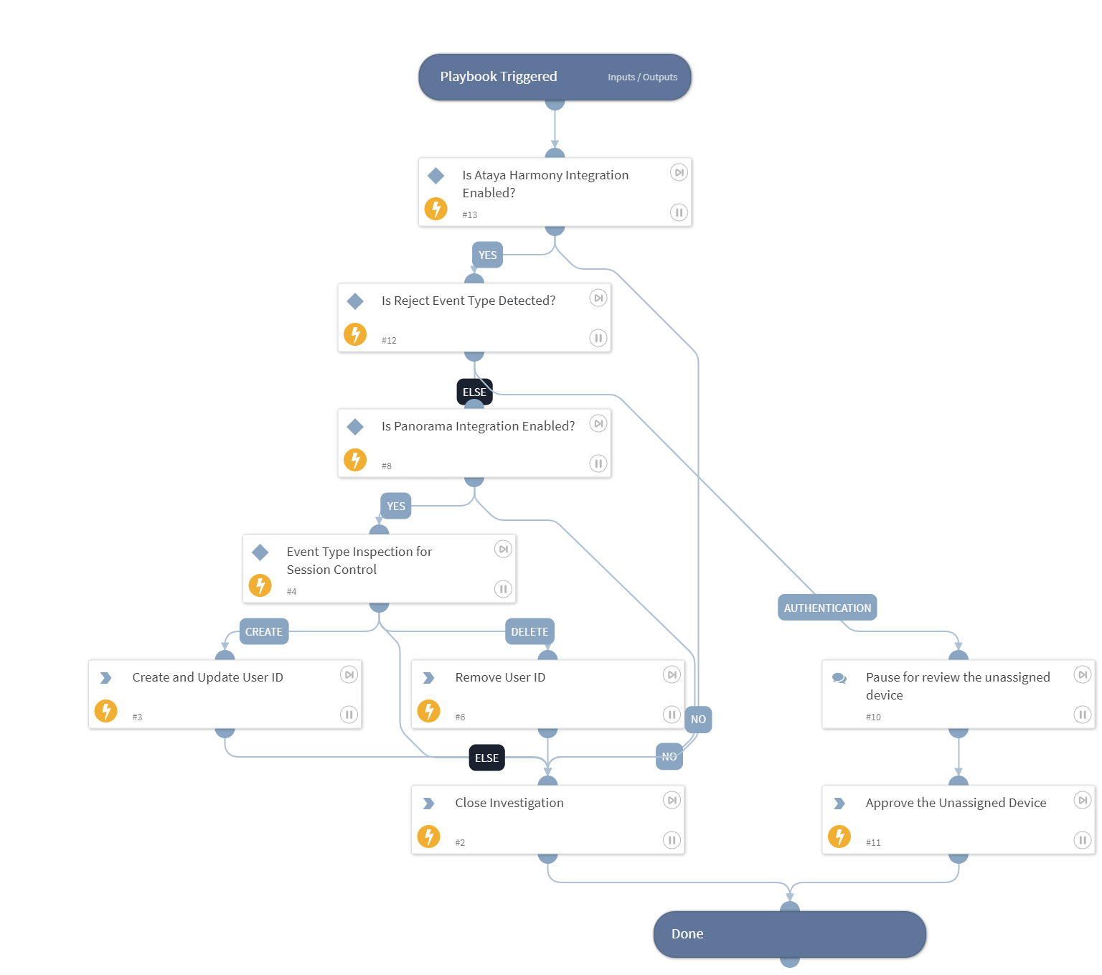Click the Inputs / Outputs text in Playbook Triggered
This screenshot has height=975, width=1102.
click(x=642, y=77)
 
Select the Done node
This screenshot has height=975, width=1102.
click(x=789, y=934)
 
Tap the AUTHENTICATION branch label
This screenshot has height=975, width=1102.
click(x=827, y=608)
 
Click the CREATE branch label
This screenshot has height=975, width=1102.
click(x=264, y=632)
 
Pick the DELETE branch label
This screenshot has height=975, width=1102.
click(x=529, y=632)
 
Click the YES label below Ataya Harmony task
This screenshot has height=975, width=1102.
click(x=487, y=255)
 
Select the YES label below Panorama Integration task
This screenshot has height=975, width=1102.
click(x=396, y=507)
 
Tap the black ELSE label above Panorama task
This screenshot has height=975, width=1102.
click(x=474, y=392)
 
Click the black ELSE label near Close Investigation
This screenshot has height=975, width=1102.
click(x=486, y=758)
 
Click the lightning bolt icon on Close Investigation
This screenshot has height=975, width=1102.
click(x=429, y=837)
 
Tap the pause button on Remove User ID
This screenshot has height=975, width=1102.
click(x=672, y=715)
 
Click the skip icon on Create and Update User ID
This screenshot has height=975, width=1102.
click(x=349, y=675)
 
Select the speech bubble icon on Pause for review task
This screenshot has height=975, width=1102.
click(x=839, y=678)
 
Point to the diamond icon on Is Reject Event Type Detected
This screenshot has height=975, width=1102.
click(x=355, y=301)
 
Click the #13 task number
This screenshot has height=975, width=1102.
click(x=470, y=215)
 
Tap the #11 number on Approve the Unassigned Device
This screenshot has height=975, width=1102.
click(x=873, y=843)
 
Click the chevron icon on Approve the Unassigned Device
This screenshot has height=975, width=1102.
click(x=839, y=804)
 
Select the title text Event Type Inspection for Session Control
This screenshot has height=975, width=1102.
click(x=359, y=560)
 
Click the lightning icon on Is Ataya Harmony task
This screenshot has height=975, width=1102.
click(x=436, y=209)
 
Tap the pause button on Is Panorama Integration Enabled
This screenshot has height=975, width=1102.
click(x=598, y=463)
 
